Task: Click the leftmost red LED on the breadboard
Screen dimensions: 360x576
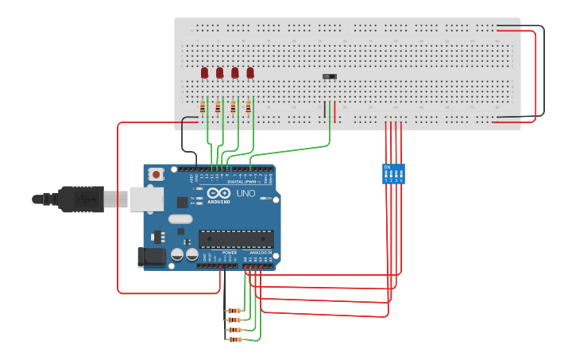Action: pyautogui.click(x=204, y=73)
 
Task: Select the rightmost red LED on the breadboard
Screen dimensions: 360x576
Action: pyautogui.click(x=250, y=73)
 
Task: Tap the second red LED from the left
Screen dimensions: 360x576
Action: pyautogui.click(x=220, y=73)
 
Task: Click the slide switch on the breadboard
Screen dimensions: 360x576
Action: pyautogui.click(x=329, y=76)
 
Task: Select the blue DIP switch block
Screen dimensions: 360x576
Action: pyautogui.click(x=393, y=174)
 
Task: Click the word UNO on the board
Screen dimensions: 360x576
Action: pyautogui.click(x=245, y=193)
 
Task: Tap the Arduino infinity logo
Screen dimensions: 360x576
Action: pyautogui.click(x=218, y=192)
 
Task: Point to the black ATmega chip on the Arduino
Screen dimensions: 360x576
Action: pyautogui.click(x=236, y=238)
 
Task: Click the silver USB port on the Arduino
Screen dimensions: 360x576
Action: pyautogui.click(x=146, y=199)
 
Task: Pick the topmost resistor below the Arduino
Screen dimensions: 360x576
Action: pyautogui.click(x=234, y=311)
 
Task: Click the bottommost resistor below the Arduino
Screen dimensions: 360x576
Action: pyautogui.click(x=234, y=339)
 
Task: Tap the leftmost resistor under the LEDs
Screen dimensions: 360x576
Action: pyautogui.click(x=203, y=107)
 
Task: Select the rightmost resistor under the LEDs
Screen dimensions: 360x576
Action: pyautogui.click(x=248, y=107)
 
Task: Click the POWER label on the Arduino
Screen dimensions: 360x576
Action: pyautogui.click(x=218, y=253)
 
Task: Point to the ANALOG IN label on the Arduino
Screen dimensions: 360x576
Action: pyautogui.click(x=262, y=253)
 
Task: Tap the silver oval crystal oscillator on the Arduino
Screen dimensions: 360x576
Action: pyautogui.click(x=180, y=219)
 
